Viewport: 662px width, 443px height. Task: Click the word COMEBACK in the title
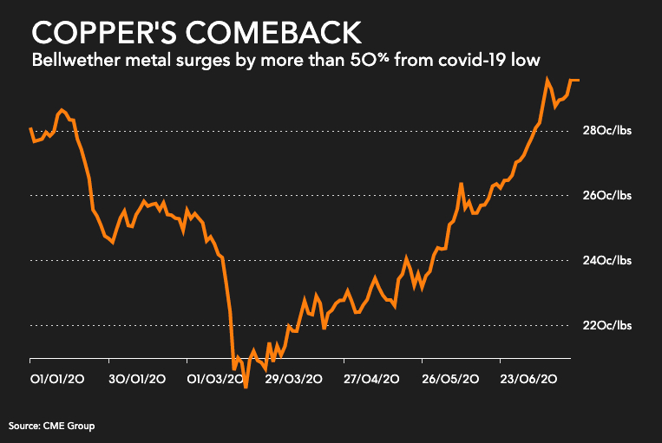275,34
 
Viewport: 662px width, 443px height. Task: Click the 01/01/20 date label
57,379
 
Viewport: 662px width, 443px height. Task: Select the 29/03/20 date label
294,379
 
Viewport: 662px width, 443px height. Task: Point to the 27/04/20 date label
371,379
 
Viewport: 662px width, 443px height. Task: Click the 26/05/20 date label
449,379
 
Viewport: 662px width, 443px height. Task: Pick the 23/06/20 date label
528,379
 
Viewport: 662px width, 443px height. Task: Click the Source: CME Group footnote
51,426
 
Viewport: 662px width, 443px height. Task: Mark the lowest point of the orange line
246,388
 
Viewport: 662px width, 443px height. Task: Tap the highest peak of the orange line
547,79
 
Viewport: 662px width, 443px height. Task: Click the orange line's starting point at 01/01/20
30,128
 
